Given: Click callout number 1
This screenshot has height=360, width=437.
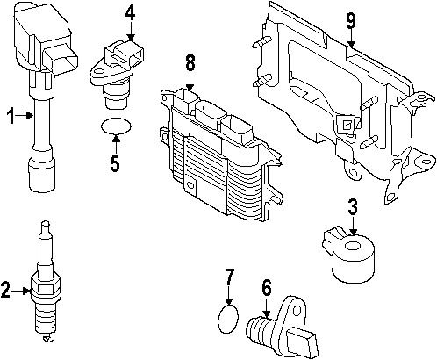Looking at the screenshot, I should [11, 114].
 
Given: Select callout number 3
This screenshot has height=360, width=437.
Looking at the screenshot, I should [352, 207].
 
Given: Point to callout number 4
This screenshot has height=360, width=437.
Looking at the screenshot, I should [130, 12].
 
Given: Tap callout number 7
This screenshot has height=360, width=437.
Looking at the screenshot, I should [228, 279].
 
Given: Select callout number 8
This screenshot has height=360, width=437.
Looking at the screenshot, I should [189, 64].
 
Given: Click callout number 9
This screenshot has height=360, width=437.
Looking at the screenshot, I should [350, 20].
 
